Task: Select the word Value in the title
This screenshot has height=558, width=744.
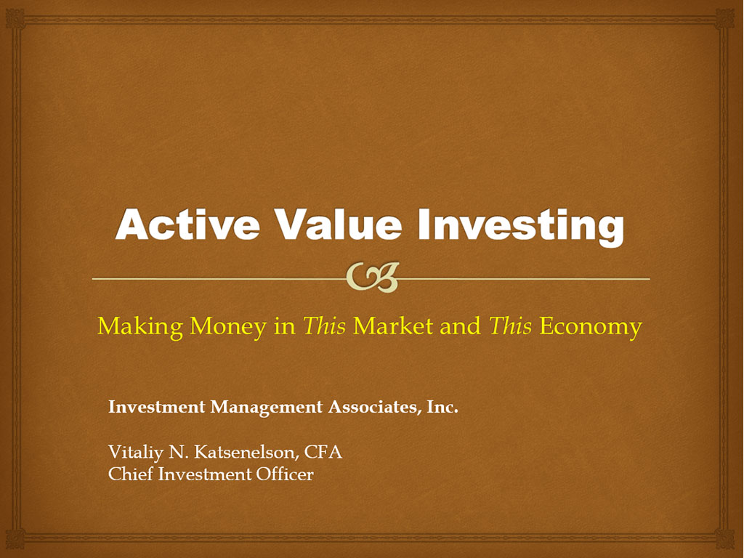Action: [x=339, y=224]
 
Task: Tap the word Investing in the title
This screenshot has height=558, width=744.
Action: [x=520, y=227]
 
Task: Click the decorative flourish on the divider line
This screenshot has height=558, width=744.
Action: [x=373, y=277]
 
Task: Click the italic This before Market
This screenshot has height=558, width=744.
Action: [x=324, y=325]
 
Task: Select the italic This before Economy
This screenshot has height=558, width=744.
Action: [x=510, y=325]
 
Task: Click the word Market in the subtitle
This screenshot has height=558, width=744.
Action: [x=393, y=325]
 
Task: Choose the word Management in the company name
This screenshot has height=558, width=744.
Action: [x=266, y=408]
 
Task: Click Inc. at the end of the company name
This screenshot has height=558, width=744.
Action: [x=442, y=407]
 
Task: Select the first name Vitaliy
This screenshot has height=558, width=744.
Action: [x=136, y=453]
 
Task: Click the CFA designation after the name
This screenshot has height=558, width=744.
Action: [x=323, y=452]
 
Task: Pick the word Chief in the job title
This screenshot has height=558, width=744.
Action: [x=131, y=474]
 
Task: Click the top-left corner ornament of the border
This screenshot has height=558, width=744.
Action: [x=15, y=18]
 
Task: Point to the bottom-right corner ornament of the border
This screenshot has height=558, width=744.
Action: [x=725, y=539]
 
